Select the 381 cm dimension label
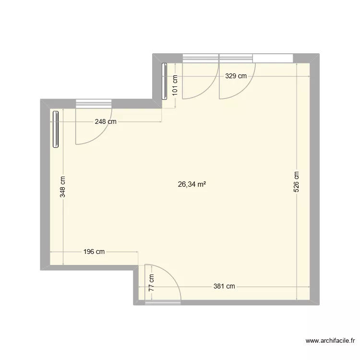pyautogui.click(x=224, y=287)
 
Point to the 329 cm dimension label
pyautogui.click(x=236, y=75)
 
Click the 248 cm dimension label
pyautogui.click(x=106, y=121)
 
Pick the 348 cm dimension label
pyautogui.click(x=63, y=187)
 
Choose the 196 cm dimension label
pyautogui.click(x=94, y=252)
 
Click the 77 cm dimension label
pyautogui.click(x=152, y=283)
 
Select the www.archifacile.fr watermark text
pyautogui.click(x=331, y=341)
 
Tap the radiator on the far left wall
pyautogui.click(x=56, y=129)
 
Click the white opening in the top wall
pyautogui.click(x=273, y=58)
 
